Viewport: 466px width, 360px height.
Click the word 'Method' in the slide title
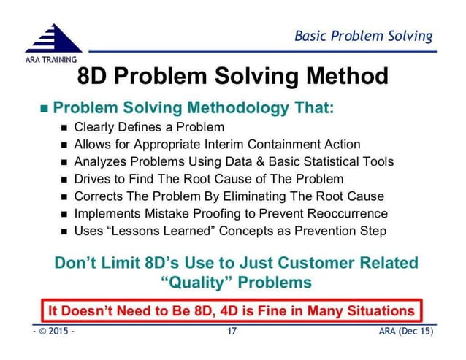click(x=340, y=76)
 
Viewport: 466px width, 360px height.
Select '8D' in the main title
click(x=95, y=76)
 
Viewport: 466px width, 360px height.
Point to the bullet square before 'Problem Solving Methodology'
click(x=43, y=110)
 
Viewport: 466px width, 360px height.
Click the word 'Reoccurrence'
click(x=343, y=214)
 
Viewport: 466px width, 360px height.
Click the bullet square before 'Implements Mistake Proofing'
click(x=64, y=215)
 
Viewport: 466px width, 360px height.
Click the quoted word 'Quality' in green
click(x=194, y=282)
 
